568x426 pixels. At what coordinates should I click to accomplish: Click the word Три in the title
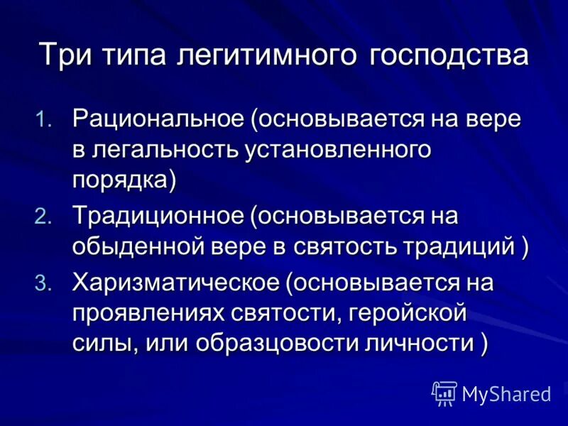click(x=60, y=55)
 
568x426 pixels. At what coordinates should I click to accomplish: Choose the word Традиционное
click(x=158, y=216)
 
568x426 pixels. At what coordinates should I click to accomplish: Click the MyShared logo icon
click(x=444, y=393)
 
